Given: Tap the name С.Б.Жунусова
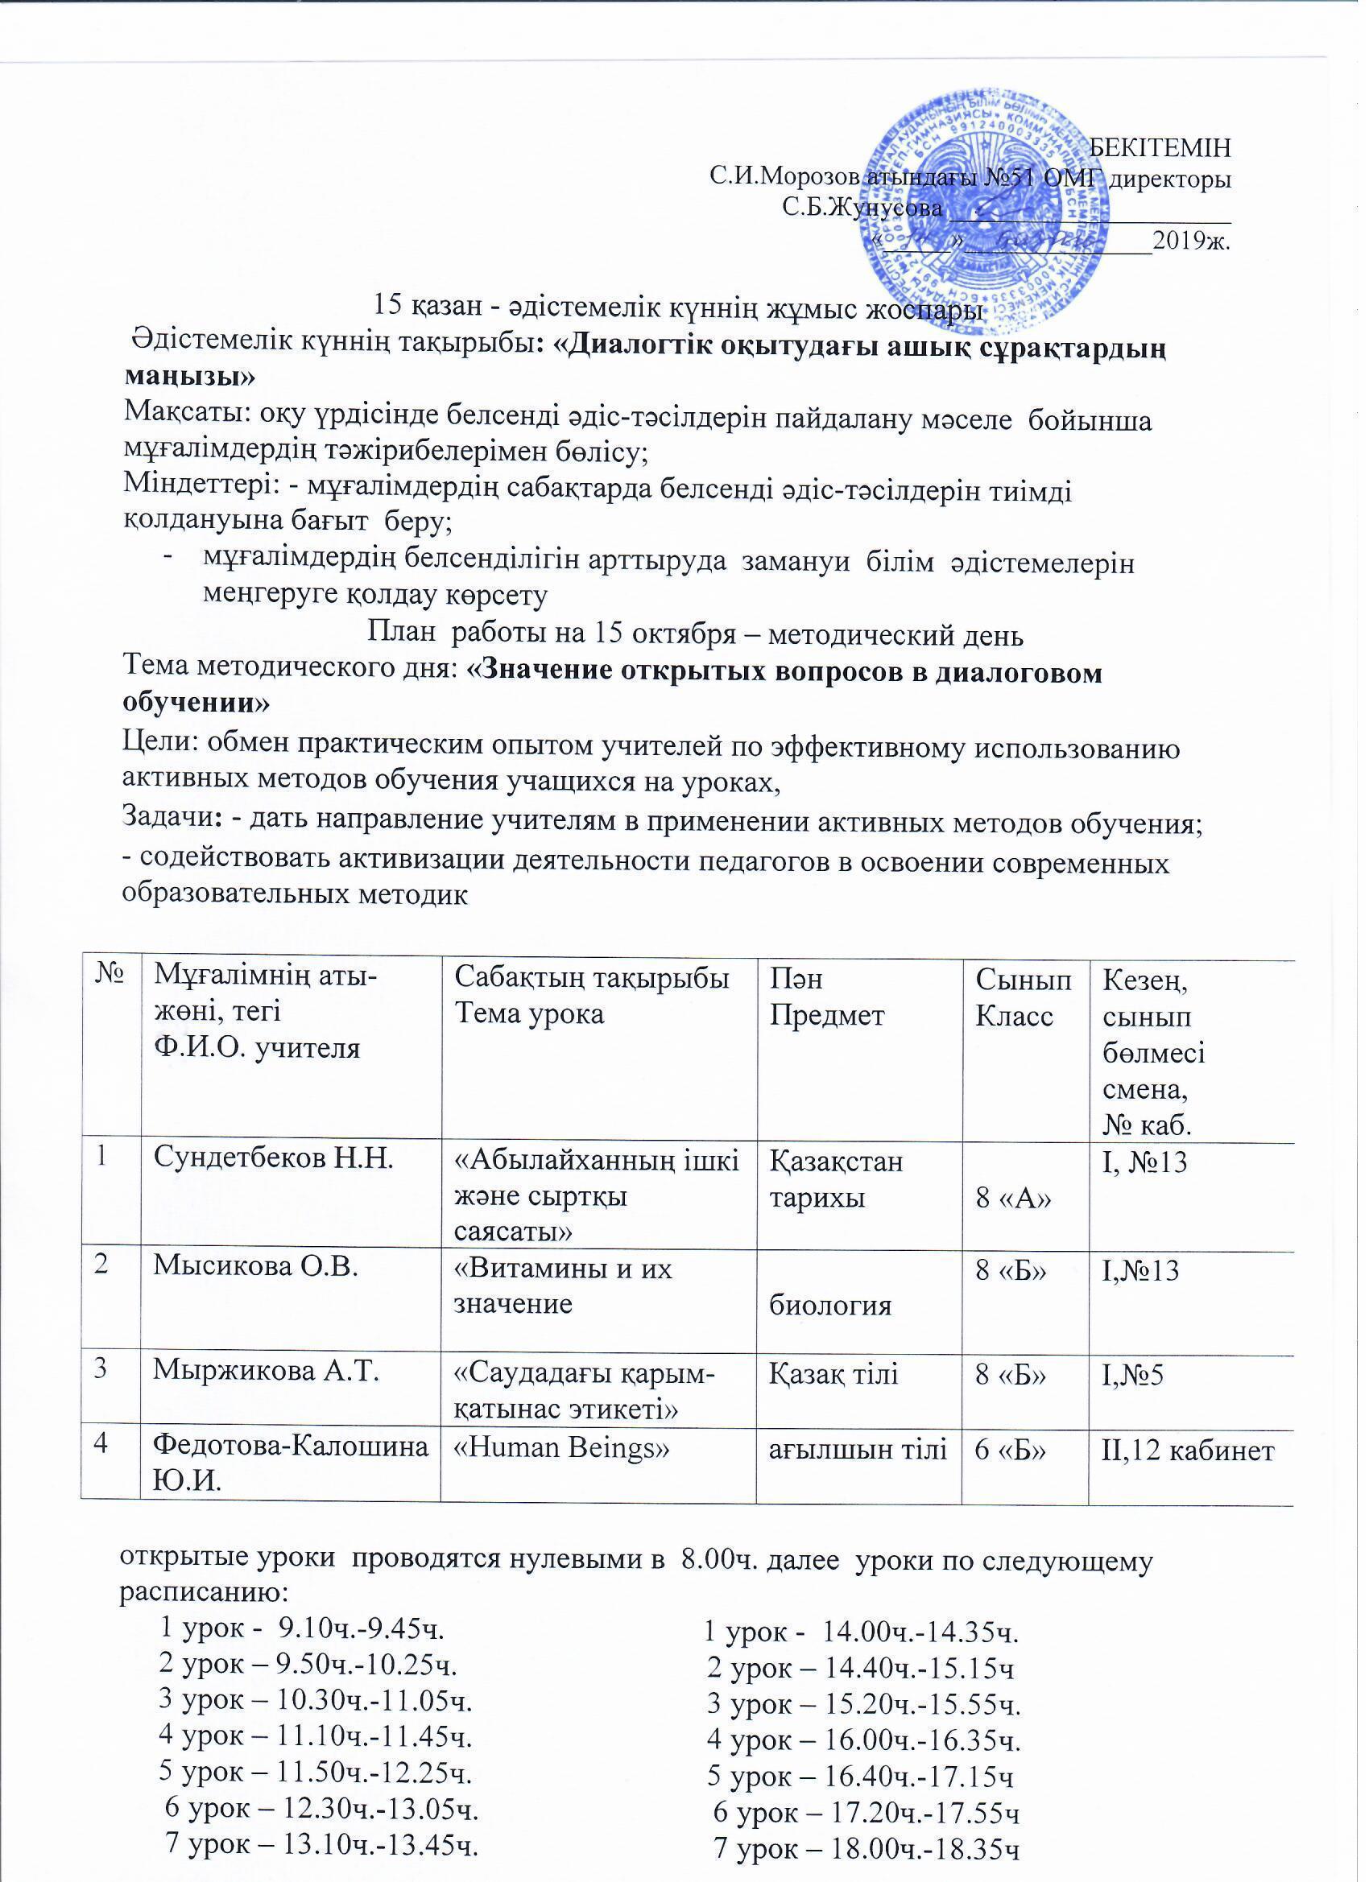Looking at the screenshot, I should (862, 207).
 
